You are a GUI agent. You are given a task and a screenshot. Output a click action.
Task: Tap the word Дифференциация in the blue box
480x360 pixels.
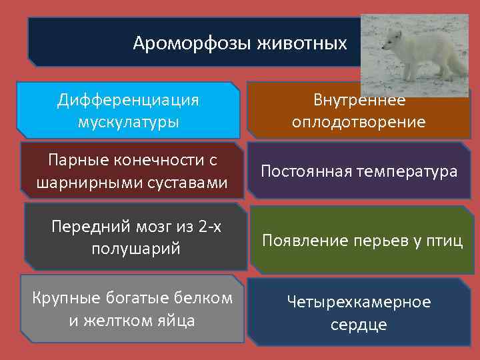click(x=128, y=100)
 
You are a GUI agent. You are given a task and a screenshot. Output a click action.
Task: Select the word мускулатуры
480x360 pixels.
click(x=128, y=122)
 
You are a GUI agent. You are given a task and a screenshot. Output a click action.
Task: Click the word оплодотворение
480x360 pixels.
click(x=359, y=122)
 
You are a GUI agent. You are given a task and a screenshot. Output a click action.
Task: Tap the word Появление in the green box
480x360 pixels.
click(x=299, y=241)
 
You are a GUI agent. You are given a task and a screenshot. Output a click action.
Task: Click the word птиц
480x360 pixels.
click(x=445, y=241)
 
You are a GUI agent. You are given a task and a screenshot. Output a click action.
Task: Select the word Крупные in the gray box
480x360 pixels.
click(x=61, y=298)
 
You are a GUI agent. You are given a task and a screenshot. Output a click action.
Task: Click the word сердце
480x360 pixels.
click(x=359, y=325)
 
